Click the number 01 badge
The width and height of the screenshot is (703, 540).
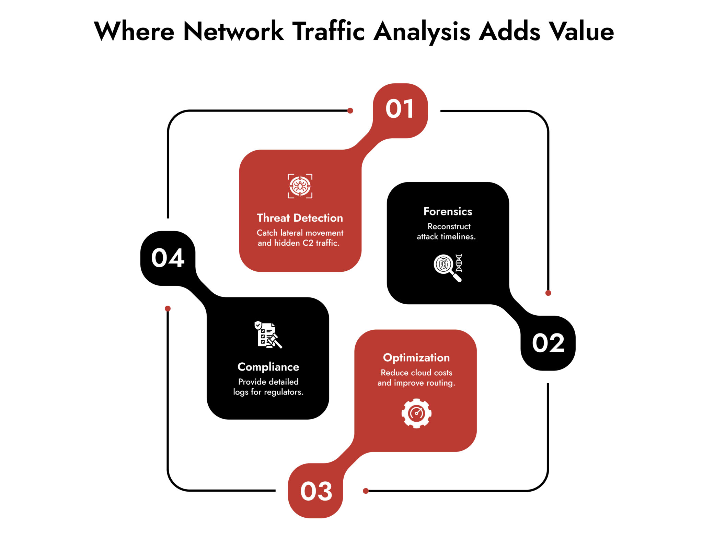pos(400,110)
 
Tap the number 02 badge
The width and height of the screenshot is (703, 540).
pos(548,343)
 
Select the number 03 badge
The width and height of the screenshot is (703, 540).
pos(316,491)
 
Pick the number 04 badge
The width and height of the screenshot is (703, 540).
pos(168,258)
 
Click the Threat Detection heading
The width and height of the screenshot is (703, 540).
pos(300,218)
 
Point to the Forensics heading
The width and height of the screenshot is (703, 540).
pos(448,211)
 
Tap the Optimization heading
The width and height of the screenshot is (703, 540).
pos(416,357)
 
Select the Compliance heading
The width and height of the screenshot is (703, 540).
pos(268,367)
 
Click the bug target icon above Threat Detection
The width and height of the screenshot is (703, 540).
pos(300,186)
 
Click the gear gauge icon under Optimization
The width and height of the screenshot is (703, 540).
pos(416,413)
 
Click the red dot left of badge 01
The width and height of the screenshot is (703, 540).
pos(350,110)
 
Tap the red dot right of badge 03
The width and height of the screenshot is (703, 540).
pos(366,491)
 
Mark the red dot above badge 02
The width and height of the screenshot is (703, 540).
pos(548,293)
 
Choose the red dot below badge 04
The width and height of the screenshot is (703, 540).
pos(168,308)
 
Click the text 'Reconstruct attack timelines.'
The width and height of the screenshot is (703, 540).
pos(447,232)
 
